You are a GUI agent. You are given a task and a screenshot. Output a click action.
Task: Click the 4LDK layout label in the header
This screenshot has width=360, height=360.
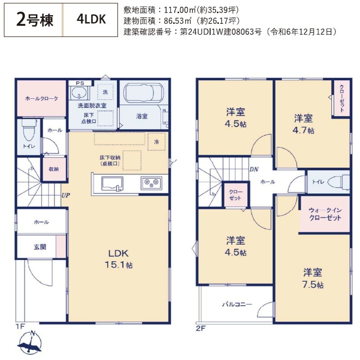91,19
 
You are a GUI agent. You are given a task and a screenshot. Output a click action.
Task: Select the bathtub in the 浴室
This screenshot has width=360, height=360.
144,92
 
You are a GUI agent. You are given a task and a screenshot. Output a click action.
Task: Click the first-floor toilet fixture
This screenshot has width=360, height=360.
29,129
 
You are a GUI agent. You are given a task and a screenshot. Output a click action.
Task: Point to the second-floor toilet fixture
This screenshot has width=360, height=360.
339,182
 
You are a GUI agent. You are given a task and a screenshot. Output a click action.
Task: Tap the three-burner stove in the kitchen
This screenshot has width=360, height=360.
151,182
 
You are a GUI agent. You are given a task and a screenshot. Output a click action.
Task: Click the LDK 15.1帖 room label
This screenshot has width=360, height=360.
119,259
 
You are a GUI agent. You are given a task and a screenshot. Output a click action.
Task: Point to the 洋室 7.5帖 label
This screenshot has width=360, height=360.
313,278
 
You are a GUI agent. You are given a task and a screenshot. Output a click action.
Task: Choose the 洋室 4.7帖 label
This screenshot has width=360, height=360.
303,124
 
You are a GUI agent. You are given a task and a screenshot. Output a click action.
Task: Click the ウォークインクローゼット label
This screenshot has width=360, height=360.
325,214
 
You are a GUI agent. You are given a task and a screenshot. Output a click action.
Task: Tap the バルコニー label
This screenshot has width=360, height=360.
237,305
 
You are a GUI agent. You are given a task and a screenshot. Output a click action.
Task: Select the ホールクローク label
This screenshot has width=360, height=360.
41,98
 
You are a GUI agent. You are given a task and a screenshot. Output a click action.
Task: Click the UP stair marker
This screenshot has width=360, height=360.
66,196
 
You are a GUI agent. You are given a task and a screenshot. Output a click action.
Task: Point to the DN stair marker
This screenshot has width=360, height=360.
254,169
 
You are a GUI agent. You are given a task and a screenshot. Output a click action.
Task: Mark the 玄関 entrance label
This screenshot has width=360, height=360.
40,247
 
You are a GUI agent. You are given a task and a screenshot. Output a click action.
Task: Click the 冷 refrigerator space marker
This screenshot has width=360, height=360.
156,142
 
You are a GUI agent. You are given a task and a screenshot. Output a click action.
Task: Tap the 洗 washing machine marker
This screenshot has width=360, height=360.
106,92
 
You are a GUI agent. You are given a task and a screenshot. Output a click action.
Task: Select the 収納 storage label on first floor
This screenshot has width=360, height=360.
54,169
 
